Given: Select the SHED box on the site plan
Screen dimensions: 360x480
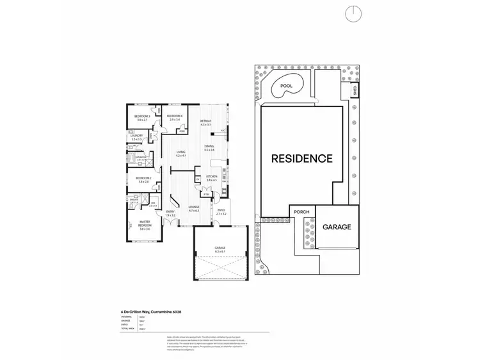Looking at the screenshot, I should [355, 90].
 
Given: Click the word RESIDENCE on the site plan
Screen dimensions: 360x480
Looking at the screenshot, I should [301, 158].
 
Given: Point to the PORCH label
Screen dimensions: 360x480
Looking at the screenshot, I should [301, 212].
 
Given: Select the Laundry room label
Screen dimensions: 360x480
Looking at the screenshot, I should [136, 136].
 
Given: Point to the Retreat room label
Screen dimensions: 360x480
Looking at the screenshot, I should [205, 122].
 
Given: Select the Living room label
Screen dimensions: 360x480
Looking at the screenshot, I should [180, 153].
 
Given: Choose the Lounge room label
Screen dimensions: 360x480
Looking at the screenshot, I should [194, 208].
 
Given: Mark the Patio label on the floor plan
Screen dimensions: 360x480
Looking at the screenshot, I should [221, 211].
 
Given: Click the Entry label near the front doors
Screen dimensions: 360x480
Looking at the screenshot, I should [170, 212].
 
